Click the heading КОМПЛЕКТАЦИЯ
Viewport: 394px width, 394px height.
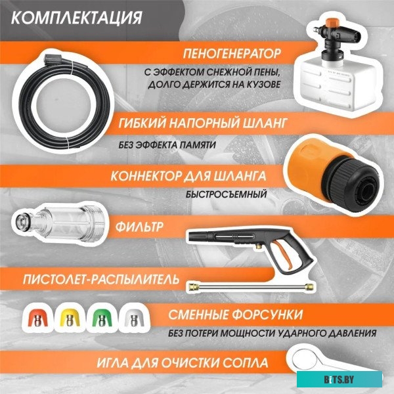click(x=77, y=16)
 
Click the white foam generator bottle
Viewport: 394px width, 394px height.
click(x=336, y=72)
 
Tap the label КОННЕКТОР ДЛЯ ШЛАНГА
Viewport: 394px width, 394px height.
click(x=188, y=176)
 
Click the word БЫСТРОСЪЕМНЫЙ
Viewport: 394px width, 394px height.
click(x=226, y=195)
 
